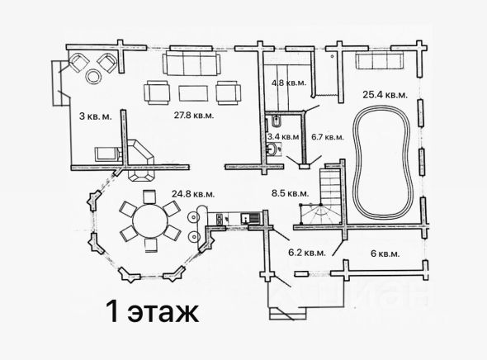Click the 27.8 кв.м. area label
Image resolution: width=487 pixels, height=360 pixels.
pyautogui.click(x=194, y=116)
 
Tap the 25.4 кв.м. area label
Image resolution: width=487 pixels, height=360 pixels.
pyautogui.click(x=385, y=94)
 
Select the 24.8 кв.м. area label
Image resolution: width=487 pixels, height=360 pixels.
pyautogui.click(x=193, y=194)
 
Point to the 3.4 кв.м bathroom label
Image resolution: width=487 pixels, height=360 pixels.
pyautogui.click(x=283, y=137)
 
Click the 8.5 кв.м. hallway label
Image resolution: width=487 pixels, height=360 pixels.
pyautogui.click(x=291, y=193)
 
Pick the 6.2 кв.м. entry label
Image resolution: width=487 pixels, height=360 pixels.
pyautogui.click(x=307, y=253)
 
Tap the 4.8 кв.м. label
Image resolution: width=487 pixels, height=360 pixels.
pyautogui.click(x=289, y=83)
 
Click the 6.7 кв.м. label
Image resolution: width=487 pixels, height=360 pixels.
pyautogui.click(x=328, y=137)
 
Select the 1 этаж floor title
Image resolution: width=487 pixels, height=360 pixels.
pyautogui.click(x=152, y=311)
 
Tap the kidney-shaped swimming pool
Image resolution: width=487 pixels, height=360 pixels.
pyautogui.click(x=384, y=161)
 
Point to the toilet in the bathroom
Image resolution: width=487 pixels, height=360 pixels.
pyautogui.click(x=277, y=121)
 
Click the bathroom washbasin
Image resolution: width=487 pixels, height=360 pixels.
pyautogui.click(x=272, y=149)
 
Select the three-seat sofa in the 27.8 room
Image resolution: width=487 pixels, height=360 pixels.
pyautogui.click(x=192, y=64)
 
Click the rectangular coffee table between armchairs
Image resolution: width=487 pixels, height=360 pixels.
pyautogui.click(x=193, y=93)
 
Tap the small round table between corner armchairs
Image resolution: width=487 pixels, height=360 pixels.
pyautogui.click(x=93, y=76)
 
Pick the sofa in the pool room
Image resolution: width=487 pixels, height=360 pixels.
pyautogui.click(x=380, y=61)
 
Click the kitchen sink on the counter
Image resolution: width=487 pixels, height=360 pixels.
pyautogui.click(x=250, y=218)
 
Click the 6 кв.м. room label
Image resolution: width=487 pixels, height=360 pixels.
pyautogui.click(x=385, y=253)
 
